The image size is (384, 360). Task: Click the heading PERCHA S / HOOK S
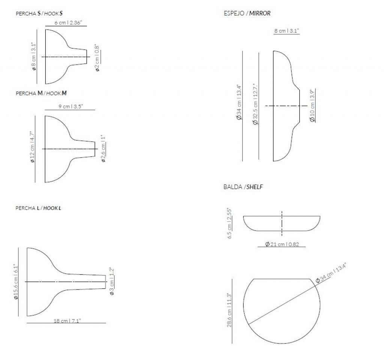coord(39,13)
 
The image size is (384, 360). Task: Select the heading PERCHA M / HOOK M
coord(41,93)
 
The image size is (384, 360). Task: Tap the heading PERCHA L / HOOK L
coord(38,208)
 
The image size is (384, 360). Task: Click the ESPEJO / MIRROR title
coord(247,13)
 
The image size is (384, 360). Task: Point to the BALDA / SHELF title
coord(243,187)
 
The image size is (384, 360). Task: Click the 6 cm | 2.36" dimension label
coord(68,23)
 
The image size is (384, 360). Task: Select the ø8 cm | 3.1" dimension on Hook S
coord(33,57)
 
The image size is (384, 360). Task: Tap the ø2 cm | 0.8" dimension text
coord(97,58)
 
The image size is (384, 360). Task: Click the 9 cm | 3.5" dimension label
coord(71,107)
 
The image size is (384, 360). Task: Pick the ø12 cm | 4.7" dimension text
coord(32,147)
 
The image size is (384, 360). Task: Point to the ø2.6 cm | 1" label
coord(103,148)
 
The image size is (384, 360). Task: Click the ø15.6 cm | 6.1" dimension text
coord(16,282)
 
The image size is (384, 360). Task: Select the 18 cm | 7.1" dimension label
coord(67,321)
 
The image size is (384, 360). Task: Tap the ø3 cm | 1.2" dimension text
coord(112,281)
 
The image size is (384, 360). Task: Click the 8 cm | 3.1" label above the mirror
coord(286,31)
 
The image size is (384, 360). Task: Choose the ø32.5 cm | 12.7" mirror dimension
coord(255,104)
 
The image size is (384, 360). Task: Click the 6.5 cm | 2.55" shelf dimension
coord(229,223)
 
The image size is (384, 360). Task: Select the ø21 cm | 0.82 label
coord(282,244)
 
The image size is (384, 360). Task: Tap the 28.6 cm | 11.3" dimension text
coord(229,310)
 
